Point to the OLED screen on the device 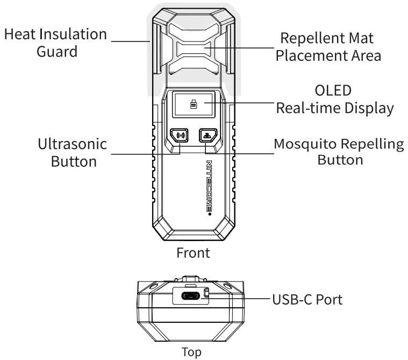coord(193,104)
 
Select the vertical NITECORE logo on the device coord(210,187)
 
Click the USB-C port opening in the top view coord(190,297)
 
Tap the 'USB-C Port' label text coord(307,299)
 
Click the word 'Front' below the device coord(193,253)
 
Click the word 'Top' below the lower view coord(192,352)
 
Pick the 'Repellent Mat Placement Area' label coord(328,47)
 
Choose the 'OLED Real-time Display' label coord(334,98)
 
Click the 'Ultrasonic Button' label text coord(72,153)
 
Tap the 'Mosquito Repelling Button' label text coord(339,152)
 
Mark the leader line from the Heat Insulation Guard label coord(129,40)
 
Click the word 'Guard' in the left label coord(57,52)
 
